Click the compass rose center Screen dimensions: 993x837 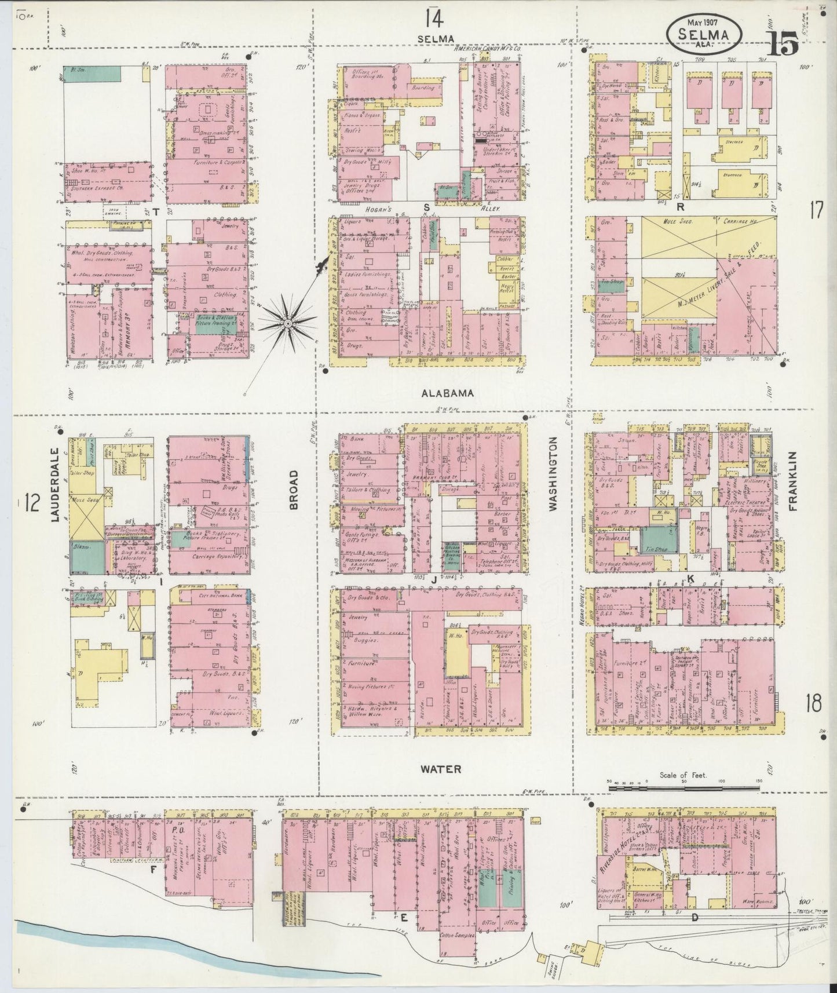[x=288, y=323]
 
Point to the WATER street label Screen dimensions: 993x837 [x=441, y=769]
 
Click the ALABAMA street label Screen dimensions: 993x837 [x=447, y=393]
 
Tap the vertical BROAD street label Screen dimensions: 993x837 [x=293, y=490]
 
